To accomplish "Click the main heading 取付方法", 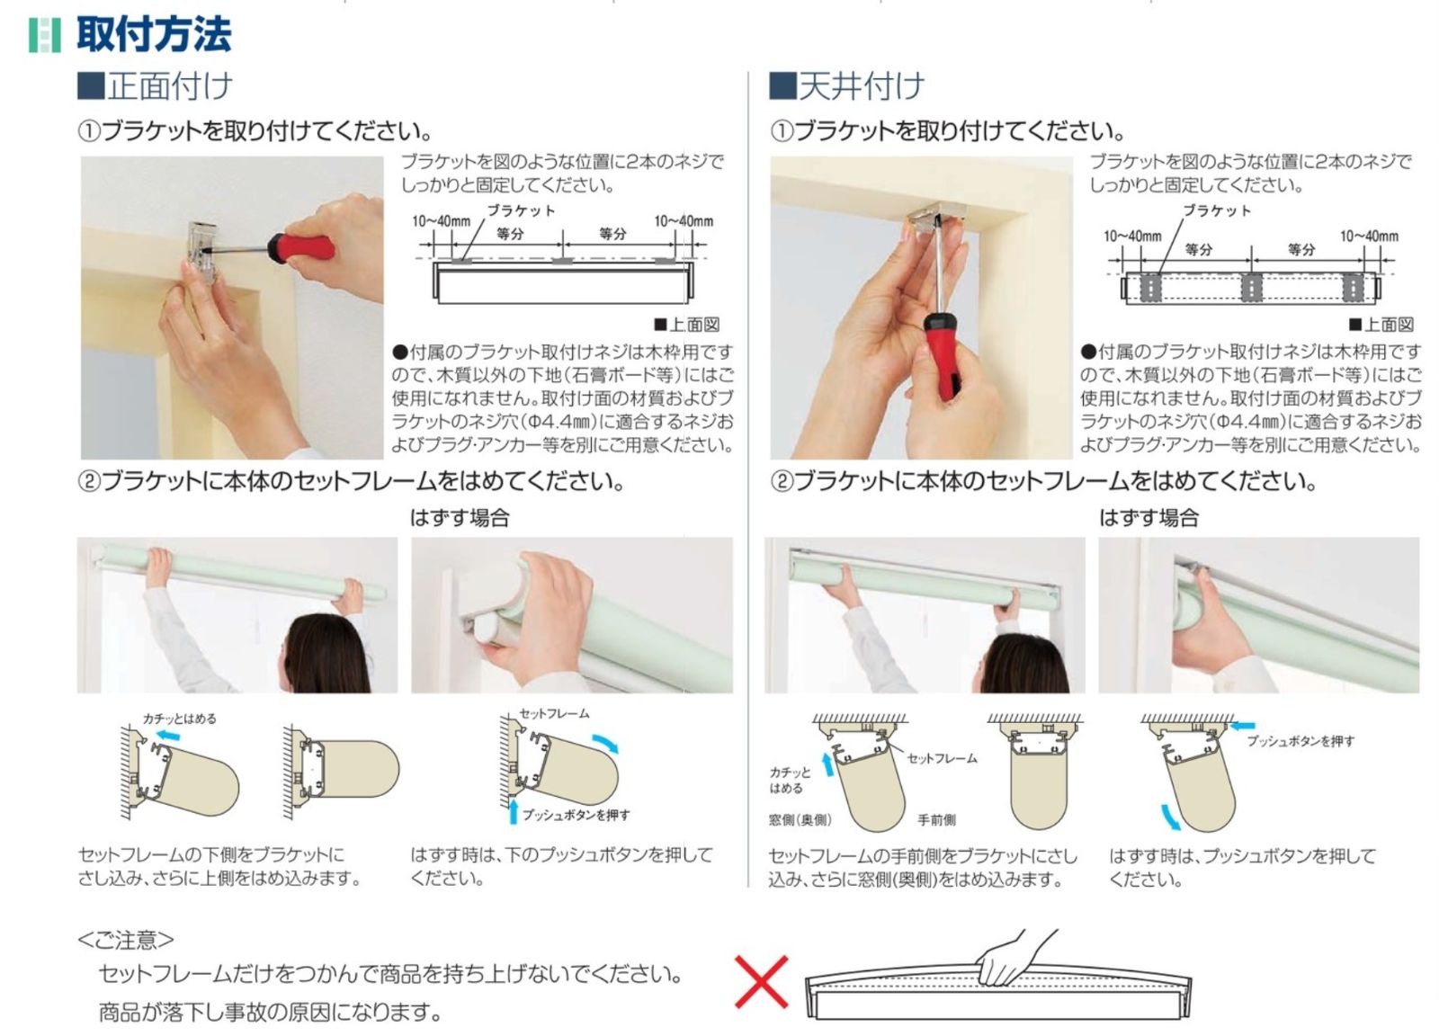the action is click(x=154, y=34).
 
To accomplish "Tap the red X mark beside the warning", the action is click(x=761, y=981).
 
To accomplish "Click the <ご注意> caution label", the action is click(x=126, y=940).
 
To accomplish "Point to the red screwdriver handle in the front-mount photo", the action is click(x=300, y=248).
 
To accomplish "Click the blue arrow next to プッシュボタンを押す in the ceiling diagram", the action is click(x=1242, y=726).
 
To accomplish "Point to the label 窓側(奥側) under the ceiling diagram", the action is click(x=800, y=819).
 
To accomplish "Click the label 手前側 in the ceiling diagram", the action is click(x=936, y=819).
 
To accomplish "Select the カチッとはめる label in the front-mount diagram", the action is click(x=179, y=719).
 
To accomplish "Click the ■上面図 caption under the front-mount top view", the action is click(x=687, y=325).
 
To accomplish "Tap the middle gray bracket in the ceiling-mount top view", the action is click(x=1251, y=287).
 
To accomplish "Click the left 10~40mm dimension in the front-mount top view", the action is click(x=442, y=221).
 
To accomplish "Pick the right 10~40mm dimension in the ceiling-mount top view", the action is click(x=1369, y=237).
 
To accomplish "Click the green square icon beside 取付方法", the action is click(x=45, y=35).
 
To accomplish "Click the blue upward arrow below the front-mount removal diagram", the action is click(x=513, y=810).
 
